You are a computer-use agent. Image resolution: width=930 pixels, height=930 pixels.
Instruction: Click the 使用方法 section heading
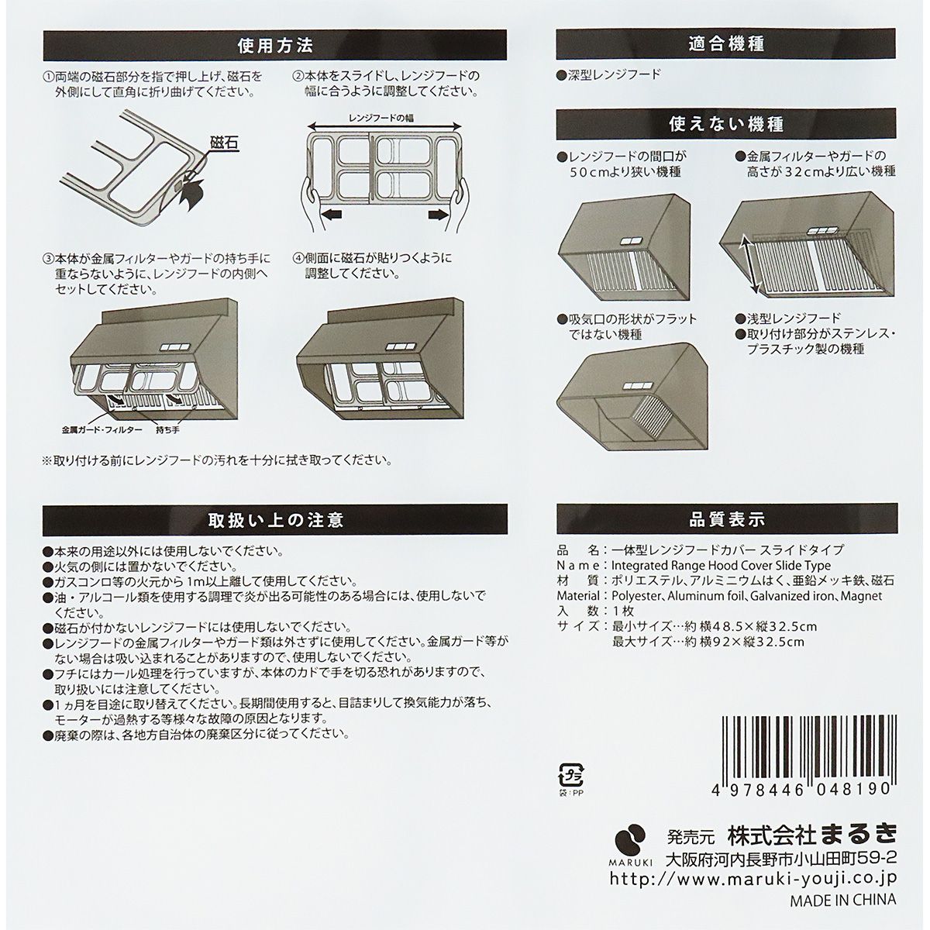[x=275, y=45]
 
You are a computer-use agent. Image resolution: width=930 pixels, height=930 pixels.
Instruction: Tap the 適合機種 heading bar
[x=725, y=45]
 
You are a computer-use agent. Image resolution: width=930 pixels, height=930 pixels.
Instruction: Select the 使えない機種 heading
[x=725, y=124]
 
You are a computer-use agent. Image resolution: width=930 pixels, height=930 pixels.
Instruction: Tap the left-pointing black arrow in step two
[x=335, y=215]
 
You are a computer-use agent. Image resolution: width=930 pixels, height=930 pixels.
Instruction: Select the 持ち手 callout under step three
[x=168, y=429]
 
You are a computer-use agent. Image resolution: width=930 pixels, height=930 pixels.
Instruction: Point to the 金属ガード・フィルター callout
[x=102, y=429]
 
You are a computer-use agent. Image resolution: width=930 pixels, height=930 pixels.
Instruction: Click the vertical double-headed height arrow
[x=750, y=263]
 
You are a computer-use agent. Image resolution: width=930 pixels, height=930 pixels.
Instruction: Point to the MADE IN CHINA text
[x=842, y=900]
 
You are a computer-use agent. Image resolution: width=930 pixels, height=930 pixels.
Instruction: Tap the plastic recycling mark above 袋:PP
[x=571, y=774]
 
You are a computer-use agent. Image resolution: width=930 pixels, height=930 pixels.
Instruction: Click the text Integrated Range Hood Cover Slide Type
[x=721, y=566]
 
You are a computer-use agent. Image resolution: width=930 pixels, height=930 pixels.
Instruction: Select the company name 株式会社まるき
[x=811, y=835]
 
